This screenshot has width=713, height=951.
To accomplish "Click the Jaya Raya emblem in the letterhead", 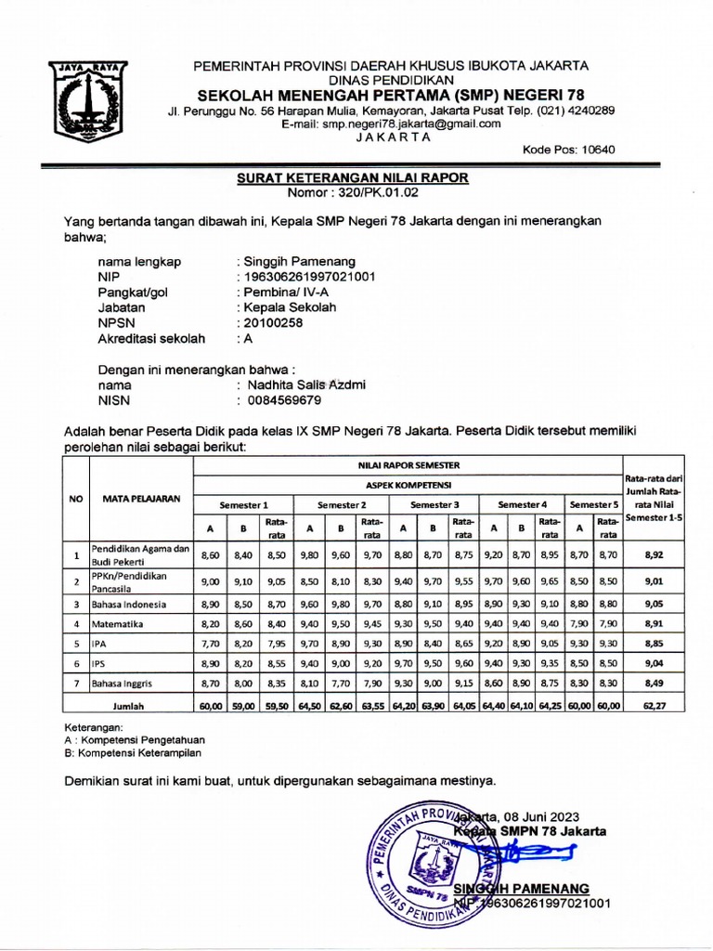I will (x=89, y=101).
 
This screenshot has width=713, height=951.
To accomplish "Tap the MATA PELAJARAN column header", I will (x=141, y=499).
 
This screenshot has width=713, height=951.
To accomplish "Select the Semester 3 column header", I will (x=435, y=503).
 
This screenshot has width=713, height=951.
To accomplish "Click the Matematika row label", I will (x=118, y=624).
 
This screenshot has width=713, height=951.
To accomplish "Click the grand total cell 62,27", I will (x=653, y=706).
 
